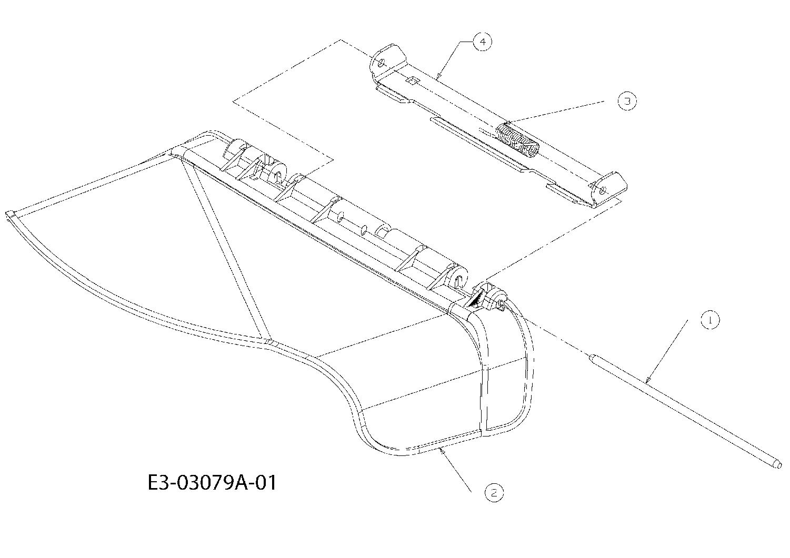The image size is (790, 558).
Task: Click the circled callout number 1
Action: [711, 320]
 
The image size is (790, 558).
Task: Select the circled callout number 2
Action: [494, 493]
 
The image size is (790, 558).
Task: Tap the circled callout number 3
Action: [627, 101]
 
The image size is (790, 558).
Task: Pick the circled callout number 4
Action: [482, 42]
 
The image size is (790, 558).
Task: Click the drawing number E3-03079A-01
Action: [212, 483]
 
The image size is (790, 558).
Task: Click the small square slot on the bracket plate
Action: [412, 80]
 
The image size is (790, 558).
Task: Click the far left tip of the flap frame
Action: [7, 214]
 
